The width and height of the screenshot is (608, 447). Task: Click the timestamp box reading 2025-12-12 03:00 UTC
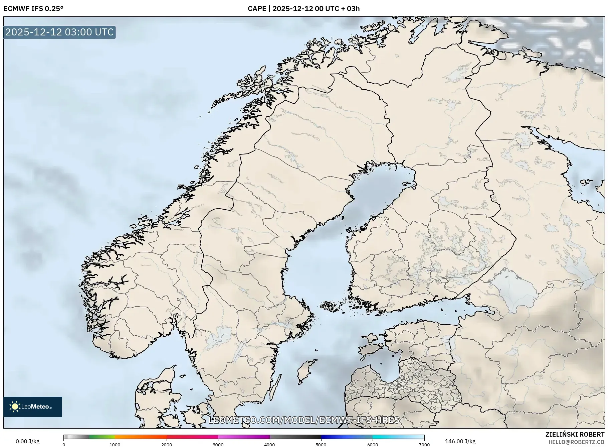pos(59,32)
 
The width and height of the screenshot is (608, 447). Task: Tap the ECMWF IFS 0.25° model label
pos(33,9)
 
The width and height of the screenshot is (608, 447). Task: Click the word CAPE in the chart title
pos(257,9)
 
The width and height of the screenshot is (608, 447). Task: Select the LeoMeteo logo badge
pos(33,407)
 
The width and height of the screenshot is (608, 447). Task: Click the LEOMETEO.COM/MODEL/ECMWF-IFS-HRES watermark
pos(304,420)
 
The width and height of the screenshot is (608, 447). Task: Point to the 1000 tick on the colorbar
pos(115,444)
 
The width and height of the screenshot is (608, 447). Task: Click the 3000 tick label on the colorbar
pos(218,444)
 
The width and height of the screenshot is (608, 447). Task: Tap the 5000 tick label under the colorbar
pos(321,444)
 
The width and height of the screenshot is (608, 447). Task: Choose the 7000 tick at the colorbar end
pos(424,444)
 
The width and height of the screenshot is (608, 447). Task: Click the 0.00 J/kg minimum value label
pos(27,441)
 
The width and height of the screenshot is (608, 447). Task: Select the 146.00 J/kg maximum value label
pos(460,441)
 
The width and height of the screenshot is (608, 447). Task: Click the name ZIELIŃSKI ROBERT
pos(575,434)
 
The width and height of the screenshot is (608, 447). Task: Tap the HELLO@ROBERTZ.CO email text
pos(576,442)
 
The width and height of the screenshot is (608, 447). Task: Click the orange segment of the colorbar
pos(140,437)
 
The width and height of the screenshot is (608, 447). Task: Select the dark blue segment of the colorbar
pos(334,437)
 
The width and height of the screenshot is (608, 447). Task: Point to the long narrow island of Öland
pos(276,388)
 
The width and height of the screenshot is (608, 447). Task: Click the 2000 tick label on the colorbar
pos(167,444)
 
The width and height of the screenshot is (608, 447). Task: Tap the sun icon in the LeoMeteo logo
pos(15,407)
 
